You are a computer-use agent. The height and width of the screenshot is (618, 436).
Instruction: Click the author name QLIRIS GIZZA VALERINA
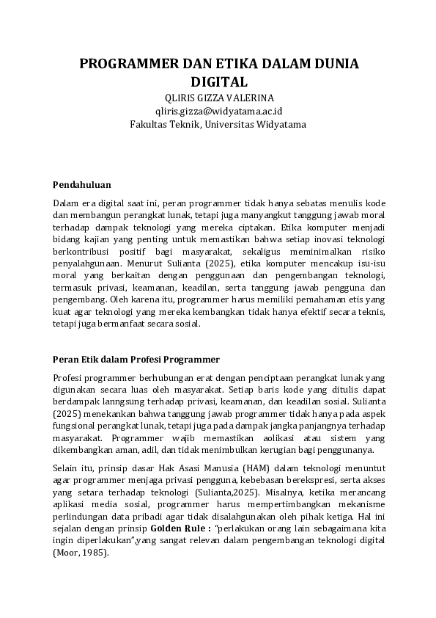[218, 98]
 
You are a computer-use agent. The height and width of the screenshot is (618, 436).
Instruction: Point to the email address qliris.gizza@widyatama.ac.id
[218, 111]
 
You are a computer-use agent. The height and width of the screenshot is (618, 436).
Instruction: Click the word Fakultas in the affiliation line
[148, 124]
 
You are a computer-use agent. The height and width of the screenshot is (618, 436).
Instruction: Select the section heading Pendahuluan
[82, 184]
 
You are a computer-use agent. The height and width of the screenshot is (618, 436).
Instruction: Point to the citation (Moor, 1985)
[81, 553]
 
